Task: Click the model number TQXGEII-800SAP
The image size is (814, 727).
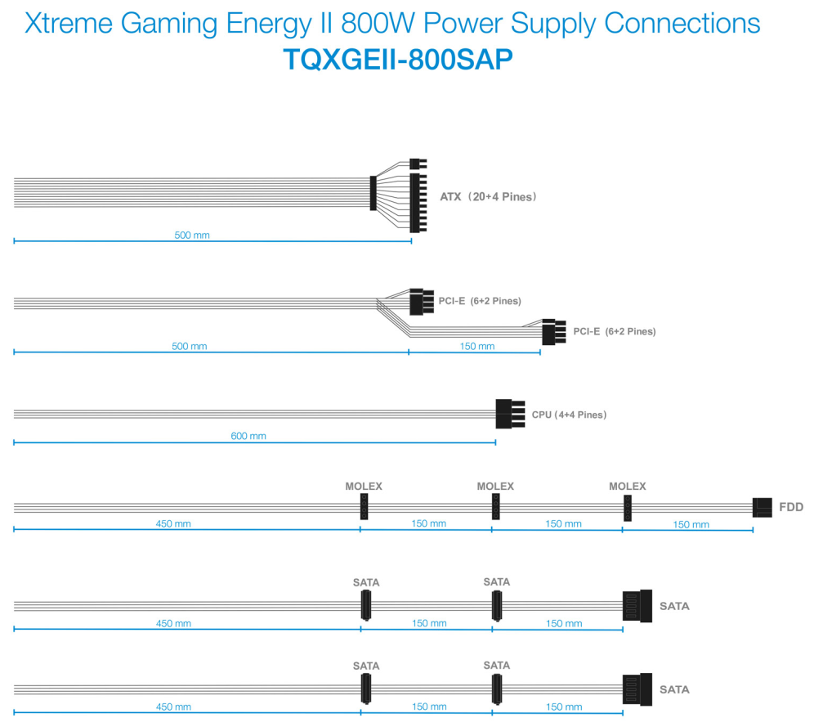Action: point(398,59)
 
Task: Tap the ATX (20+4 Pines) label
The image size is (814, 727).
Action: point(488,197)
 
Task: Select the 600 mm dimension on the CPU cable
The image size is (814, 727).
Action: point(248,436)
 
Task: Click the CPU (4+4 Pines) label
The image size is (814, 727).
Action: point(569,415)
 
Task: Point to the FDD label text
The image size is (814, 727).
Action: point(791,507)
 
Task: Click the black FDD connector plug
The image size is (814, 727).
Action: point(762,507)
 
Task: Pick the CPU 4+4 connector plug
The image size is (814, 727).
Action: point(510,414)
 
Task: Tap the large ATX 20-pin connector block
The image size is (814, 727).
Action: point(418,203)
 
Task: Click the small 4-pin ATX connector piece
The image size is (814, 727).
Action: point(418,164)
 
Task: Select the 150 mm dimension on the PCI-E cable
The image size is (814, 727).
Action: point(477,346)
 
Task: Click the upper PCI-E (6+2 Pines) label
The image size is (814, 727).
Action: point(480,301)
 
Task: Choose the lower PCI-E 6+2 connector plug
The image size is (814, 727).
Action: point(554,332)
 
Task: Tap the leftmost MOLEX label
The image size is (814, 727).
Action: point(364,487)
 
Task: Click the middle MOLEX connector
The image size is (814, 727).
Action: point(496,506)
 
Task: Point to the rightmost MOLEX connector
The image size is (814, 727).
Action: point(628,507)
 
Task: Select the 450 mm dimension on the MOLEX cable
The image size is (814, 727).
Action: point(173,524)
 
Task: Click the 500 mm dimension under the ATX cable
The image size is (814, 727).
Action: point(192,236)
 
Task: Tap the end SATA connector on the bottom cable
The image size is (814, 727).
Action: point(637,689)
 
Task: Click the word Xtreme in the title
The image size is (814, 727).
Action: point(69,24)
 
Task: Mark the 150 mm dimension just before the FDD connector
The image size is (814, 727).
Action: point(691,524)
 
